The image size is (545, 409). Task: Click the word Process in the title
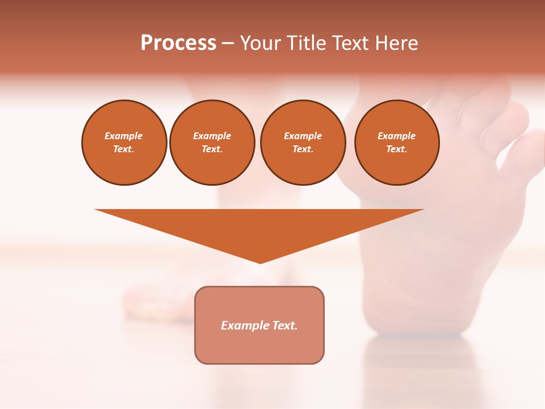coord(178,43)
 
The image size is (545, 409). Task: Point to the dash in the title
coord(228,44)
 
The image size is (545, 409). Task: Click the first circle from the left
coord(124,143)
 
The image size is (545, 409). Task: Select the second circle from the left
coord(212,143)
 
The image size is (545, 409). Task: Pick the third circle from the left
coord(303,143)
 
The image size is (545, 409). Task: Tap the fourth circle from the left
coord(397,143)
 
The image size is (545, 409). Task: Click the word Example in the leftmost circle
coord(124,136)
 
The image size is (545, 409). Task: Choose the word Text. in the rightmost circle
coord(397,149)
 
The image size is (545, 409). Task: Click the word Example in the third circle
coord(303,136)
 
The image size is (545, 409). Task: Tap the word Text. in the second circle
coord(212,149)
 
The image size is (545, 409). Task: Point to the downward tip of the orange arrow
coord(260,262)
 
